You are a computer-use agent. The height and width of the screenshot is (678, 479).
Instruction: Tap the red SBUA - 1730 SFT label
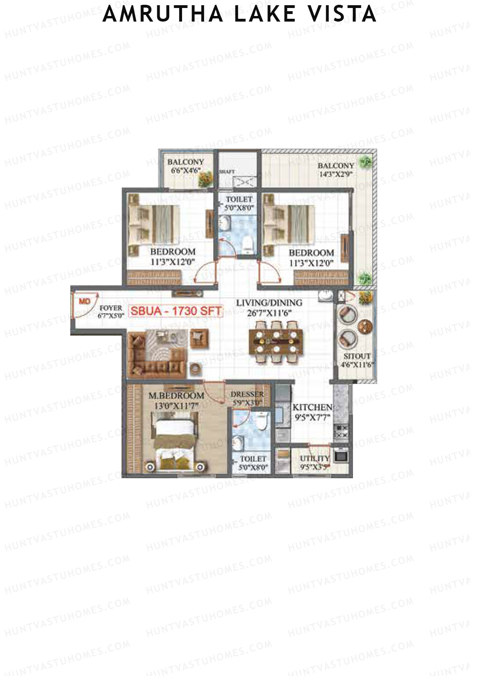point(176,311)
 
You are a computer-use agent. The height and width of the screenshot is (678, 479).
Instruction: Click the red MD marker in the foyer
point(85,301)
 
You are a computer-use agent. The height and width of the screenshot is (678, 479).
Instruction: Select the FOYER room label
point(111,308)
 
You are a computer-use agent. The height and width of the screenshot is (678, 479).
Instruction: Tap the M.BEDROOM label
point(176,396)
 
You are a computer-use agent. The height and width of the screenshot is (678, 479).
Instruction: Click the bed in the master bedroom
point(176,443)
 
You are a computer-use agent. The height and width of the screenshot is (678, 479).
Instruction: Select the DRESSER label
point(247,394)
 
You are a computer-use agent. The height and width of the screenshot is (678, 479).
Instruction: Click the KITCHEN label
point(312,407)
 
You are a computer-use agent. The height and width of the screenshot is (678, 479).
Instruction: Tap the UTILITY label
point(315,458)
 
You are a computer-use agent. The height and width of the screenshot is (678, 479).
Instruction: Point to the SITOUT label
point(357,356)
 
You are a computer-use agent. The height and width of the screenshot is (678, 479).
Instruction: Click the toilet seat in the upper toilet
point(248,244)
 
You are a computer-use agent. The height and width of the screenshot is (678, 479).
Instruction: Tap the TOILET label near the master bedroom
point(253,459)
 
